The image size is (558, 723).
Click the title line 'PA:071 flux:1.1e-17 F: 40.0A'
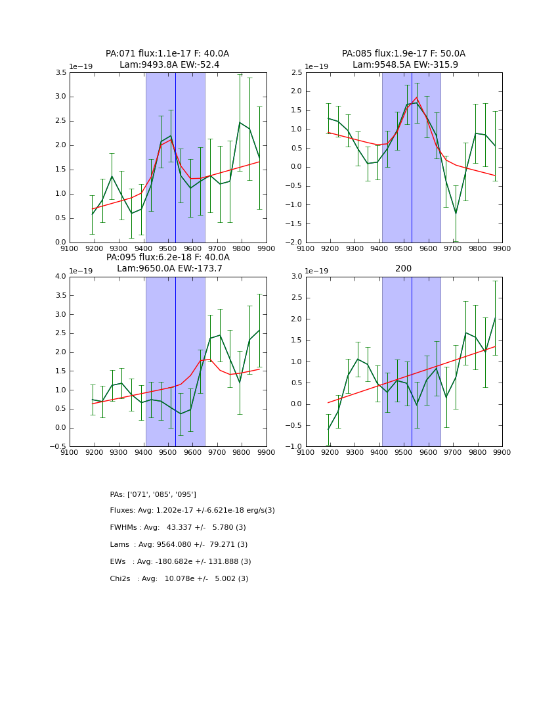coord(167,54)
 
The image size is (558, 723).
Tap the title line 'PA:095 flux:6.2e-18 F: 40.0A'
coord(167,258)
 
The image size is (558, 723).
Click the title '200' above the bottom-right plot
coord(404,269)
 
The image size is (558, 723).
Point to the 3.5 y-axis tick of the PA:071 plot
coord(60,73)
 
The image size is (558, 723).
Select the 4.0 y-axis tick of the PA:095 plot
coord(60,277)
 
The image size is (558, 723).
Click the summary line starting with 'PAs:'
coord(153,494)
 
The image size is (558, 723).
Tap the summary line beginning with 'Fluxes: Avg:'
coord(192,511)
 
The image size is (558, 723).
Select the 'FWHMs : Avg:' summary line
coord(178,528)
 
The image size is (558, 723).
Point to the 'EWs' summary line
coord(181,562)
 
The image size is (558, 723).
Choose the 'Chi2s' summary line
coord(179,579)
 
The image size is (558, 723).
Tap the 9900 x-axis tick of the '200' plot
coord(502,452)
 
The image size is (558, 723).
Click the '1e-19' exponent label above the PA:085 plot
coord(316,66)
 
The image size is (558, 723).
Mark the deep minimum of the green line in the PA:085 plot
coord(456,213)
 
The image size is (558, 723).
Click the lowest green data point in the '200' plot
coord(328,429)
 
